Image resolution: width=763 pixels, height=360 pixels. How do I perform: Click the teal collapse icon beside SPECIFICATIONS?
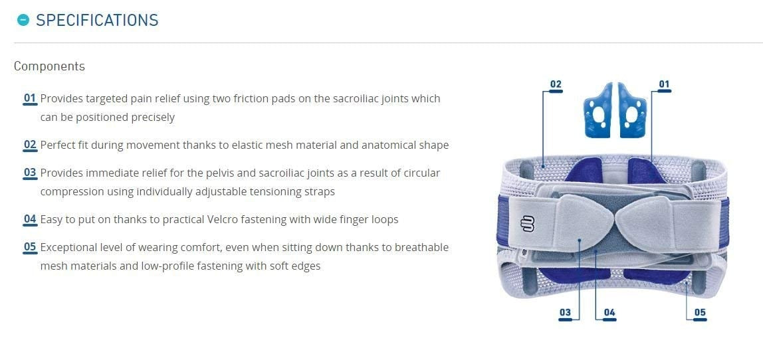click(23, 20)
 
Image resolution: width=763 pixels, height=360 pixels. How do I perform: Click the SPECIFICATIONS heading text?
click(97, 20)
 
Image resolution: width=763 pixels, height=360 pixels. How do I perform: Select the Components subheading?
click(49, 66)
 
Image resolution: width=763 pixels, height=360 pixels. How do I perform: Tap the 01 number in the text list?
click(30, 98)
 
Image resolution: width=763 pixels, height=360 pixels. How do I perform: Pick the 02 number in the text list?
click(30, 145)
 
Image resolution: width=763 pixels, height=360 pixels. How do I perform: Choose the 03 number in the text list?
click(30, 173)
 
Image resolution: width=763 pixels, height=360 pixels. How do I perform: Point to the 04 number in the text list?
click(30, 219)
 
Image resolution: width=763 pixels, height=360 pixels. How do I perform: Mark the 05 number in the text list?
click(30, 247)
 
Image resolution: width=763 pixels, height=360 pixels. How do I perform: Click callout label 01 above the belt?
click(664, 84)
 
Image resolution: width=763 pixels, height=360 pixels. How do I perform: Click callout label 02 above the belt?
click(556, 84)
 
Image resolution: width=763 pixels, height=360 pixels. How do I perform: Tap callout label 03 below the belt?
click(565, 313)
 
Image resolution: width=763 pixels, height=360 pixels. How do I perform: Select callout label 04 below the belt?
click(609, 313)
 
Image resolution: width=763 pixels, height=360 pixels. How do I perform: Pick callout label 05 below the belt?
click(700, 313)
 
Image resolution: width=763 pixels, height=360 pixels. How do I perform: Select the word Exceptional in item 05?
click(68, 248)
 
